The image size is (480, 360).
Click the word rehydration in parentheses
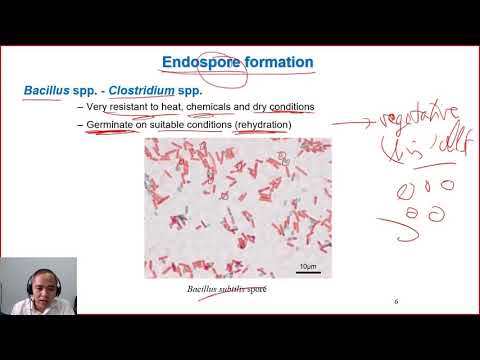click(x=263, y=124)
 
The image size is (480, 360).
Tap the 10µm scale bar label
click(x=309, y=267)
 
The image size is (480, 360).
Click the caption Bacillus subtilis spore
click(x=227, y=290)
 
